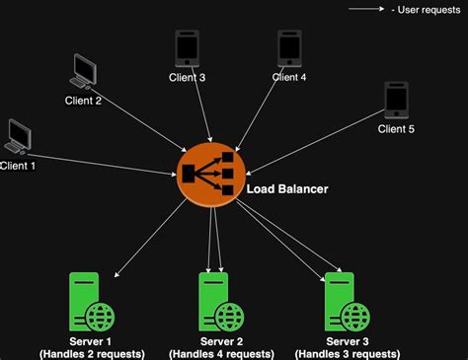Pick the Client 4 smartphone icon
[x=289, y=47]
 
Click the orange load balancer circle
[x=210, y=175]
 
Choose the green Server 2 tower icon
[x=216, y=300]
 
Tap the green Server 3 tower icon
[x=341, y=300]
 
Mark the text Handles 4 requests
[x=221, y=353]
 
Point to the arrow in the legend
[x=367, y=10]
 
